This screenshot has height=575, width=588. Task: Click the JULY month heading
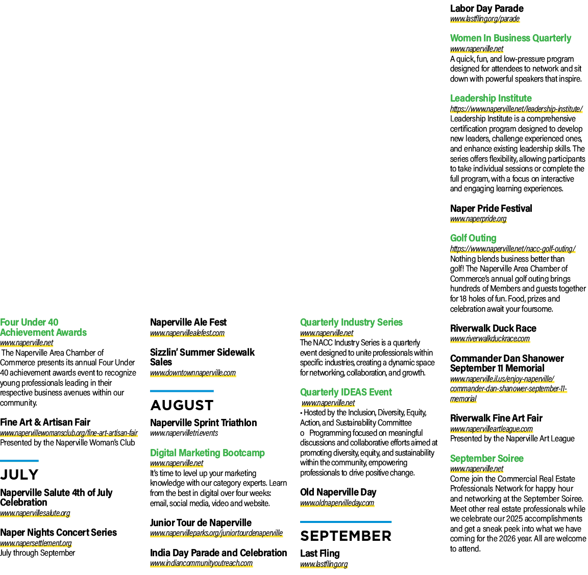point(19,474)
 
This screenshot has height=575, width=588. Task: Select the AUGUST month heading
point(182,405)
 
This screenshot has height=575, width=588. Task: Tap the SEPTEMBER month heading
point(346,536)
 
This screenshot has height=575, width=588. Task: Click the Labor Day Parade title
point(487,8)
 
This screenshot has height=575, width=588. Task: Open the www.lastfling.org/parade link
point(485,19)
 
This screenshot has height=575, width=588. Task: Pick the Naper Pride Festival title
point(491,208)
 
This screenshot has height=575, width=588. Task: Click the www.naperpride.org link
point(478,218)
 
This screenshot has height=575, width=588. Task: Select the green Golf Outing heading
point(473,238)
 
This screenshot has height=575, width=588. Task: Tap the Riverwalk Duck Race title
point(493,329)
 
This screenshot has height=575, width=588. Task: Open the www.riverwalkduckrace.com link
point(490,338)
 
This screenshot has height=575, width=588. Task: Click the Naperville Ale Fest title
point(188,322)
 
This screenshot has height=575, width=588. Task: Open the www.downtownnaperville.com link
point(193,373)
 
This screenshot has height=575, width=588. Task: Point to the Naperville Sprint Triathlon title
point(203,423)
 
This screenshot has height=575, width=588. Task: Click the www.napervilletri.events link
point(184,433)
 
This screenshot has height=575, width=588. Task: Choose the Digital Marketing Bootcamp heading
point(207,453)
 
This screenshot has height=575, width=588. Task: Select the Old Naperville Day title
point(338,492)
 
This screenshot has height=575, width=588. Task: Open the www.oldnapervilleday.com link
point(337,503)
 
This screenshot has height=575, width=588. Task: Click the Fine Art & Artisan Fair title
point(45,422)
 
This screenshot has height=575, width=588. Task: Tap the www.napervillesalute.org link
point(35,513)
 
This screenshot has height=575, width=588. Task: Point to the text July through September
point(37,553)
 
